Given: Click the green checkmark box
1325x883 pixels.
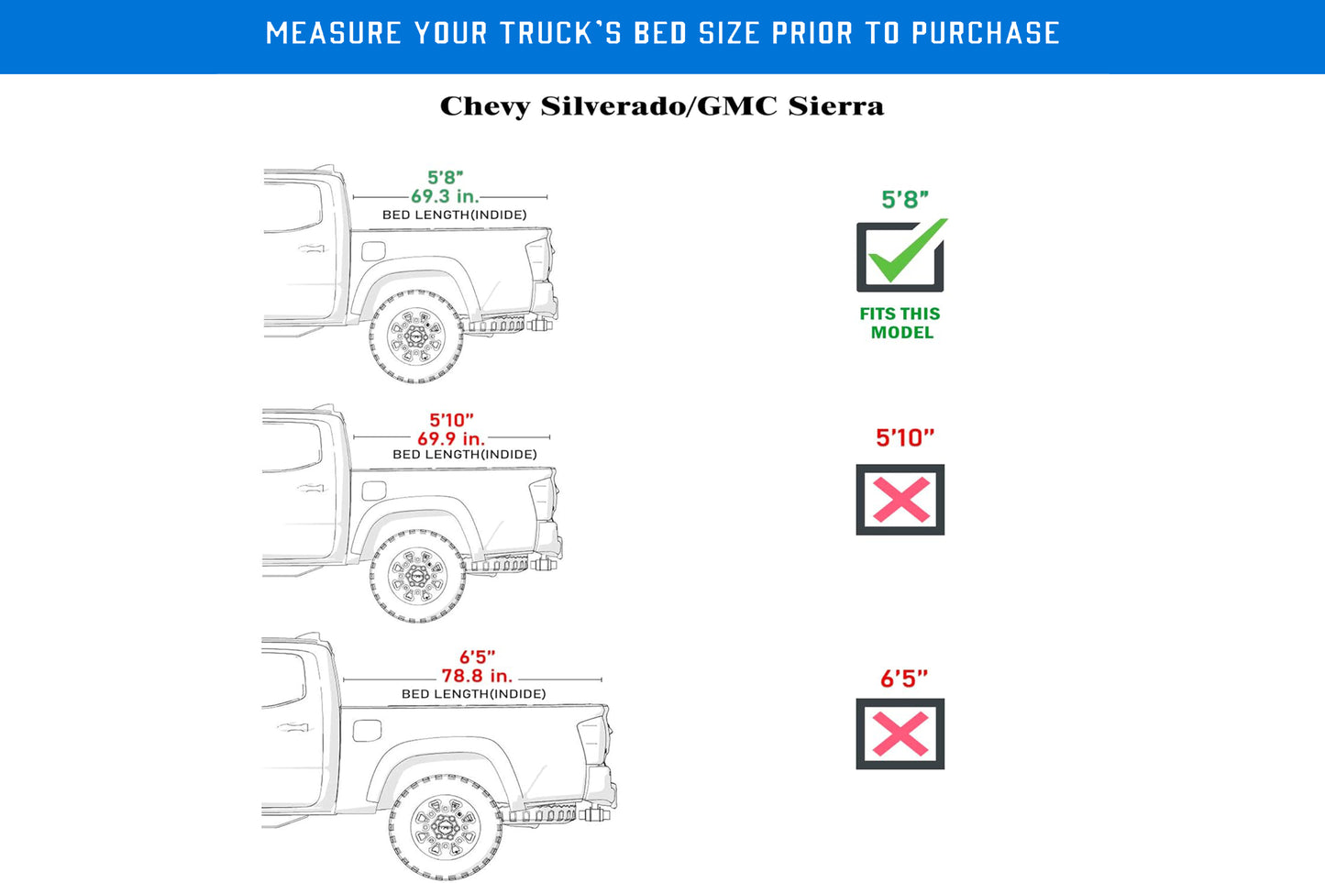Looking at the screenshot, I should click(900, 257).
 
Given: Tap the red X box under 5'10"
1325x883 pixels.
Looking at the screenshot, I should click(900, 500).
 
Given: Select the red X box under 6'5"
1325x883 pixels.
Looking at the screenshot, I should click(900, 734).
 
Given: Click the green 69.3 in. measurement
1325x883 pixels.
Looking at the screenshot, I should click(445, 196).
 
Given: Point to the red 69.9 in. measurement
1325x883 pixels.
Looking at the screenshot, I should click(451, 438).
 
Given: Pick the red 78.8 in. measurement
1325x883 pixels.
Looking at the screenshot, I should click(477, 676).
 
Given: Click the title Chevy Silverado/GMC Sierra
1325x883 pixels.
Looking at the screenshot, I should click(662, 106).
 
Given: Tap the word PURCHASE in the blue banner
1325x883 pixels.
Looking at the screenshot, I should click(986, 34).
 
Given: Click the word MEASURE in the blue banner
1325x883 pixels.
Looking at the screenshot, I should click(334, 34).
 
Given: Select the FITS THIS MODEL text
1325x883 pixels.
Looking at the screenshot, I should click(900, 323).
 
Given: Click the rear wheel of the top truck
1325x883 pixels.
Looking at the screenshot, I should click(417, 336).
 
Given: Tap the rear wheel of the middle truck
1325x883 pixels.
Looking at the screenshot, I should click(418, 577).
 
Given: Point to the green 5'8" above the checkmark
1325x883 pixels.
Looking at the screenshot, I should click(905, 199).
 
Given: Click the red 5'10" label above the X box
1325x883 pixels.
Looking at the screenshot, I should click(905, 437).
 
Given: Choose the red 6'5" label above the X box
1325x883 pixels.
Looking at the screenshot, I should click(904, 679).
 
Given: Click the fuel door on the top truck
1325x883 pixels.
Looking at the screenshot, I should click(373, 250).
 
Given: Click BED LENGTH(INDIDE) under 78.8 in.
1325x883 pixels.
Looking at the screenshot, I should click(473, 694).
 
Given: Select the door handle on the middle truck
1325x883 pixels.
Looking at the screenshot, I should click(312, 488).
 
